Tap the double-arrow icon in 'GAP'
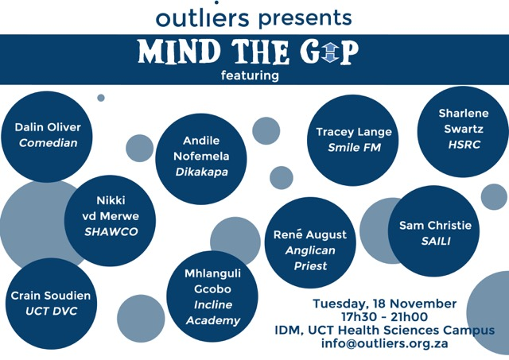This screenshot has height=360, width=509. [x=330, y=52]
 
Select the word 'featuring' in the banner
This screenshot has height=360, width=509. [x=250, y=75]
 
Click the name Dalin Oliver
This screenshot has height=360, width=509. [x=48, y=127]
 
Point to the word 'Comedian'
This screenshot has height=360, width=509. [x=48, y=143]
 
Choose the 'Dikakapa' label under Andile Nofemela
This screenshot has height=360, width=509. [x=201, y=172]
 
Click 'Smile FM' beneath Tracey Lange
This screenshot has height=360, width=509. [x=354, y=148]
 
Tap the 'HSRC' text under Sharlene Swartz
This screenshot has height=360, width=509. [x=464, y=145]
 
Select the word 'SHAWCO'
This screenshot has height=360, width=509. [x=111, y=231]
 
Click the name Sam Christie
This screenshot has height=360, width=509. [x=435, y=225]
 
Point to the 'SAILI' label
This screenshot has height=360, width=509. [x=436, y=241]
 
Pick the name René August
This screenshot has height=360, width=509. [x=310, y=234]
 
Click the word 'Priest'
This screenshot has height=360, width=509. [x=311, y=266]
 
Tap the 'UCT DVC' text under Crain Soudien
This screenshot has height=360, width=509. [x=51, y=311]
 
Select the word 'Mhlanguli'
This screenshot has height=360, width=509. [x=212, y=273]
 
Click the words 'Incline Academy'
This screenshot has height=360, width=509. [x=213, y=312]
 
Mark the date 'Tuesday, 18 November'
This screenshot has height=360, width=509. [x=385, y=304]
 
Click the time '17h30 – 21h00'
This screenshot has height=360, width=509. [x=385, y=317]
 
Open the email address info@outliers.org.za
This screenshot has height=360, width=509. [x=385, y=343]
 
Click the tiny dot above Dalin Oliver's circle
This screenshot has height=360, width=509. [x=101, y=98]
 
